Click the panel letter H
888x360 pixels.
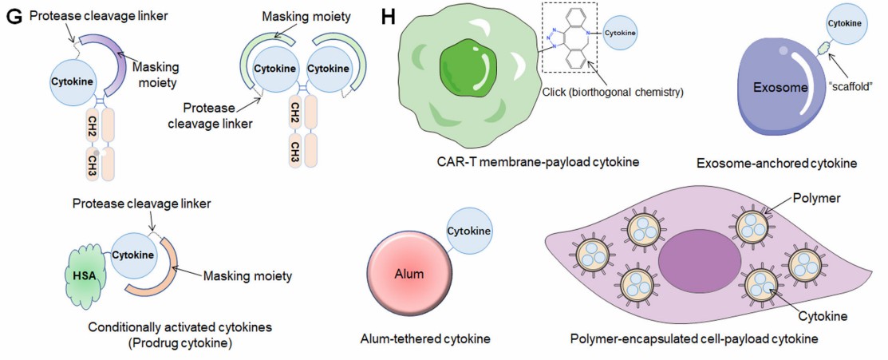click(x=389, y=16)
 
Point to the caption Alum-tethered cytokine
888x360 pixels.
click(x=425, y=339)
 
